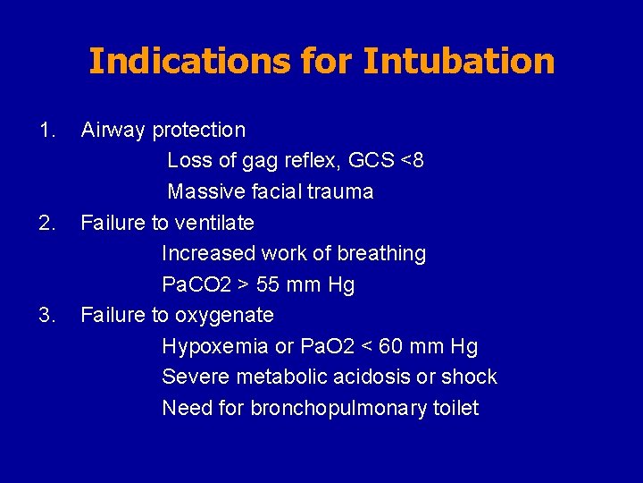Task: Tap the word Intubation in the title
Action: click(459, 61)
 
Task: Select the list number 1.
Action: click(46, 130)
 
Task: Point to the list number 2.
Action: click(46, 223)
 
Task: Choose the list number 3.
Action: click(46, 315)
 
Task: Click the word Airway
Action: click(113, 130)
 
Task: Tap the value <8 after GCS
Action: click(413, 161)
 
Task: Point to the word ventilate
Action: click(214, 223)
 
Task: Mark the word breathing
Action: click(381, 254)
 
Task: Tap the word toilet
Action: click(455, 409)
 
